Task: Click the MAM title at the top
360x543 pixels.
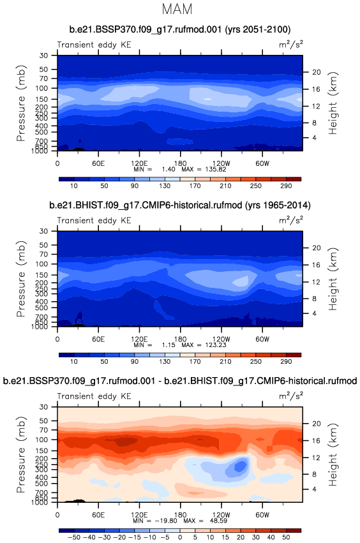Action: click(x=177, y=9)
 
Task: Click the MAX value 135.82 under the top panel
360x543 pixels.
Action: click(x=214, y=169)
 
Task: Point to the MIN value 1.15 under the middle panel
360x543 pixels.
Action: click(x=169, y=345)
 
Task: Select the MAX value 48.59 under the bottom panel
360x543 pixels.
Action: click(x=218, y=521)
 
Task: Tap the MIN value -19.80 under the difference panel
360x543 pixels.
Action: click(x=167, y=521)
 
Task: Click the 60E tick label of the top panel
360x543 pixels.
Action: click(x=98, y=163)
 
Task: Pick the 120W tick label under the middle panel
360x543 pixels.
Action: click(x=221, y=339)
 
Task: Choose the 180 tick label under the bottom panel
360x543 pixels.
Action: click(x=180, y=514)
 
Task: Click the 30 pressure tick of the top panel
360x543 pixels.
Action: click(x=43, y=56)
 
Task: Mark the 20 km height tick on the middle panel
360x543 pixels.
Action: click(x=317, y=248)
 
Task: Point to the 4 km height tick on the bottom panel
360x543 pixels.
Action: click(x=314, y=489)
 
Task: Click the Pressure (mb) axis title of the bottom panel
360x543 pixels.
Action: click(x=21, y=454)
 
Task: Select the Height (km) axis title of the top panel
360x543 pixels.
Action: click(x=333, y=103)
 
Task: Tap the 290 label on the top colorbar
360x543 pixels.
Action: click(x=286, y=186)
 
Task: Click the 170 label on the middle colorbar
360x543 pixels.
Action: click(x=195, y=362)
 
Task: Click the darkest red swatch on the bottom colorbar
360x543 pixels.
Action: click(x=294, y=530)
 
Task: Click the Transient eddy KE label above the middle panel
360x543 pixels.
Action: click(x=94, y=221)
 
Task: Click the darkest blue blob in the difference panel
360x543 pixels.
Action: click(x=240, y=466)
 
